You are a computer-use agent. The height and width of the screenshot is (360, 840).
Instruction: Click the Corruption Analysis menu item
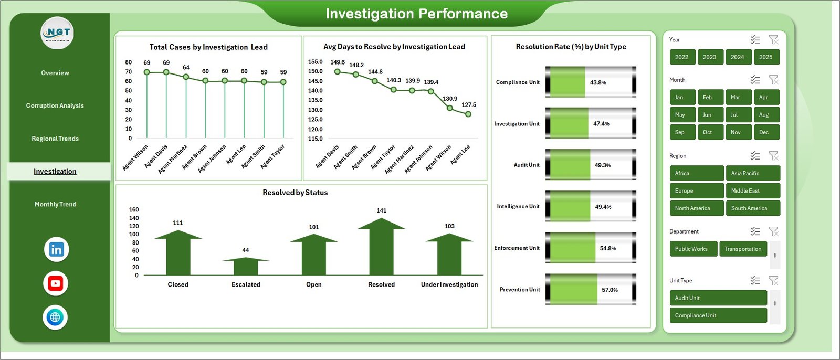click(x=55, y=105)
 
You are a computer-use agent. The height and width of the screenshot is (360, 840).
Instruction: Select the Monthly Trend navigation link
click(x=55, y=204)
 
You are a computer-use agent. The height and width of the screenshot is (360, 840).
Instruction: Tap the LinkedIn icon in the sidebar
click(x=56, y=249)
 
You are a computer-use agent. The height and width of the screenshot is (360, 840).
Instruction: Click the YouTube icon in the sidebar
click(x=56, y=283)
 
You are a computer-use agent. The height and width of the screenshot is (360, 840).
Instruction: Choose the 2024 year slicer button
click(x=737, y=57)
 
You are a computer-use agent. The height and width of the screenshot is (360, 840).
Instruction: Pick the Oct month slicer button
click(x=707, y=132)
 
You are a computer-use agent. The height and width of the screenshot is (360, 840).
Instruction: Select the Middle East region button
click(x=752, y=190)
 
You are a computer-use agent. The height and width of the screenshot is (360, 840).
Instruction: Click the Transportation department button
click(x=743, y=249)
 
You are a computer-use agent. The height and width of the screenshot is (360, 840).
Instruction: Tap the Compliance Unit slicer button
click(x=718, y=315)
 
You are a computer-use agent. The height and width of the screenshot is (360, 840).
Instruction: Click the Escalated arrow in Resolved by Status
click(x=246, y=265)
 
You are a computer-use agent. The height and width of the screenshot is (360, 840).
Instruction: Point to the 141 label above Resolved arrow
click(x=382, y=210)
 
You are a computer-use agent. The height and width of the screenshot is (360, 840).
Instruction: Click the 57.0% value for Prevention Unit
click(x=610, y=290)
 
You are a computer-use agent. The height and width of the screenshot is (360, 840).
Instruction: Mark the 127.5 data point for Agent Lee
click(x=468, y=114)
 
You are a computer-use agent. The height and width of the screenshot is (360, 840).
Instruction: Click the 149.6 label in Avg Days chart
click(x=338, y=62)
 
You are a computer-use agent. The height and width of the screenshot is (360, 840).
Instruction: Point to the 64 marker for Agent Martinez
click(x=186, y=77)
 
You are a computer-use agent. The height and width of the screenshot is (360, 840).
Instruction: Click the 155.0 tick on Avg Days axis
click(x=316, y=62)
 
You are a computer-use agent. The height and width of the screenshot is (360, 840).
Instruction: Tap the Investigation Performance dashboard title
click(x=416, y=14)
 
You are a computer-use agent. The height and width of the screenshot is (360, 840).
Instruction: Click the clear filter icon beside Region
click(x=773, y=156)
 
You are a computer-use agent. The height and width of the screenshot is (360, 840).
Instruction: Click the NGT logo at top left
click(x=57, y=33)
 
